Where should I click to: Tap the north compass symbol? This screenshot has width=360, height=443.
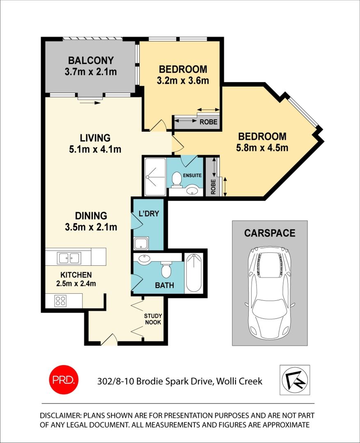point(295,380)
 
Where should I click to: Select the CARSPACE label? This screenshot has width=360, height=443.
point(269,233)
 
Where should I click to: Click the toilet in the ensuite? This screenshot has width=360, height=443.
point(177,179)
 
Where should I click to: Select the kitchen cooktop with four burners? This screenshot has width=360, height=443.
point(61,301)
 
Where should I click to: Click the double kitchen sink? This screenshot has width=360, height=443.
point(69,258)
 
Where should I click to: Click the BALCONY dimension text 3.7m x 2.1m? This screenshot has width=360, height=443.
point(91,72)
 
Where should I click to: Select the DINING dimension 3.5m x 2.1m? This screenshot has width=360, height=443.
point(91,226)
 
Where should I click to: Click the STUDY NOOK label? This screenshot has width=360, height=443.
point(153,319)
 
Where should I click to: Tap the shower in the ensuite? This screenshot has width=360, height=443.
point(154,177)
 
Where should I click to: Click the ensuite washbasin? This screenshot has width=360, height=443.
point(192,190)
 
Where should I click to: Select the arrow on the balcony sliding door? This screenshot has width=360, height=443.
point(90,103)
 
